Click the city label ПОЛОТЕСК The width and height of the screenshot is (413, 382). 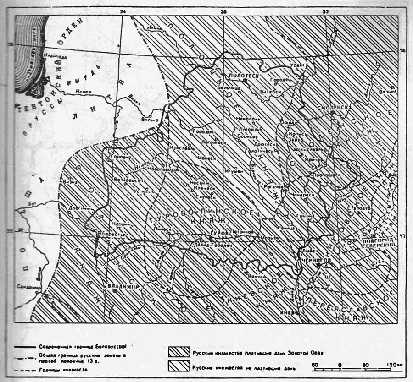242,74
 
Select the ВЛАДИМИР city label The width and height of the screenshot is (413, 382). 123,286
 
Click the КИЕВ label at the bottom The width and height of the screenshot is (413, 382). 290,312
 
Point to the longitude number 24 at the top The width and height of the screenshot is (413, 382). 122,10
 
